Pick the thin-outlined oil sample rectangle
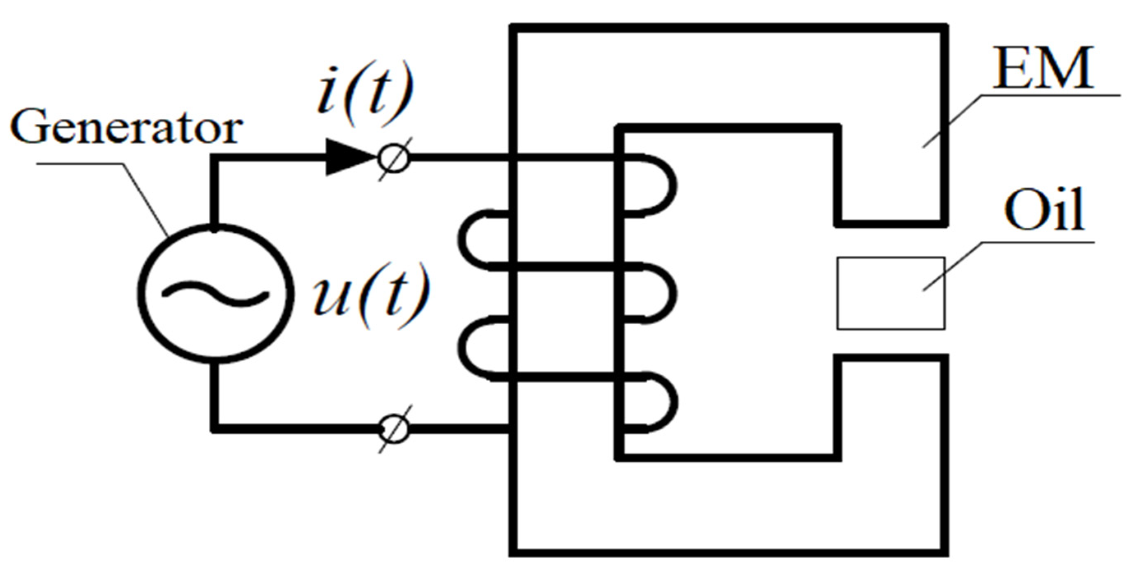(x=890, y=293)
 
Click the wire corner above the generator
(x=215, y=158)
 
